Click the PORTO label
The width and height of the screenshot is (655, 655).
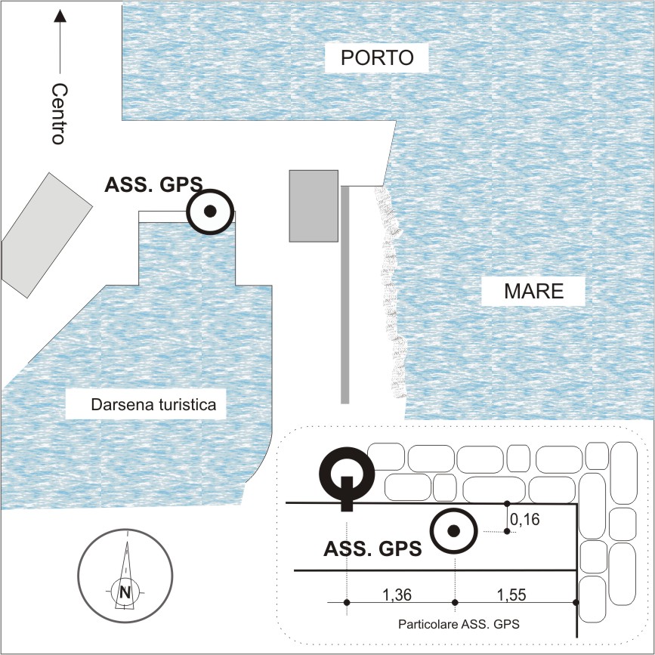[x=377, y=57]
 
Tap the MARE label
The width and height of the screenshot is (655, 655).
[x=534, y=291]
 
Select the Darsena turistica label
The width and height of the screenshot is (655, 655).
[x=153, y=405]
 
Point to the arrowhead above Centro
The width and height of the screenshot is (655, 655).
[x=60, y=16]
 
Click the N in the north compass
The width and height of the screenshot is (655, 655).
[x=125, y=592]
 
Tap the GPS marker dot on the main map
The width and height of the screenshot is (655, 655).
[x=210, y=212]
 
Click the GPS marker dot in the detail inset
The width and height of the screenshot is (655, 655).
[x=453, y=531]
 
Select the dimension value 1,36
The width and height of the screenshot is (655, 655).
[x=397, y=595]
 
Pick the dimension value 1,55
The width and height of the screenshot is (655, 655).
[x=511, y=595]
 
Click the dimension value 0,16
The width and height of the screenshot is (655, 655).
[x=525, y=519]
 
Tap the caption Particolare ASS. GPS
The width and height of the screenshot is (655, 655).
[x=459, y=624]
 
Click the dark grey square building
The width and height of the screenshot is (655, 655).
[x=314, y=206]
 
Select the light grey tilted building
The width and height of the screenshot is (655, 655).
[x=46, y=235]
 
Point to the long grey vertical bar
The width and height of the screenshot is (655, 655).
[x=345, y=295]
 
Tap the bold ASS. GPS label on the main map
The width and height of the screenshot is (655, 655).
[x=153, y=184]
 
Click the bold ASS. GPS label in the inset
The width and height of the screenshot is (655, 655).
[x=372, y=548]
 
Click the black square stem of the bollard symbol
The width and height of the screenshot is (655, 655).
[x=347, y=494]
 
